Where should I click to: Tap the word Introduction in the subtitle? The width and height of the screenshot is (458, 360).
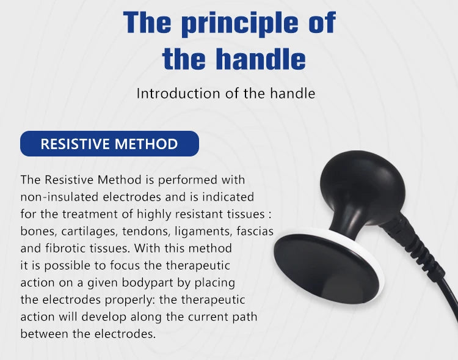178,94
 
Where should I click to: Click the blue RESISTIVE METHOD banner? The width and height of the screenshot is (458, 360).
109,144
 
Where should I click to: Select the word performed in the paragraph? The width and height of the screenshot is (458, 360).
187,180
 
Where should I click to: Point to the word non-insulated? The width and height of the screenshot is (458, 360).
60,197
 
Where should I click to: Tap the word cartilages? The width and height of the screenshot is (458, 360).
89,231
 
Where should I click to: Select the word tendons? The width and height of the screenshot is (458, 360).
146,231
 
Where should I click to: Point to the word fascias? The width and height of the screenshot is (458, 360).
255,231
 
